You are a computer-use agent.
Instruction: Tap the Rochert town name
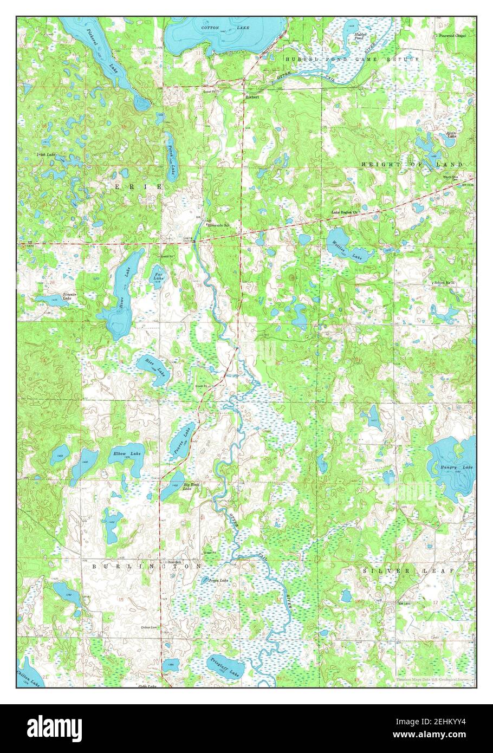point(252,97)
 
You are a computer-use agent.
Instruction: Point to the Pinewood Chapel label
point(452,36)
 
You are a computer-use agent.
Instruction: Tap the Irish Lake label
point(46,155)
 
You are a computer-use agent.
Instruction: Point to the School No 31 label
point(446,283)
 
